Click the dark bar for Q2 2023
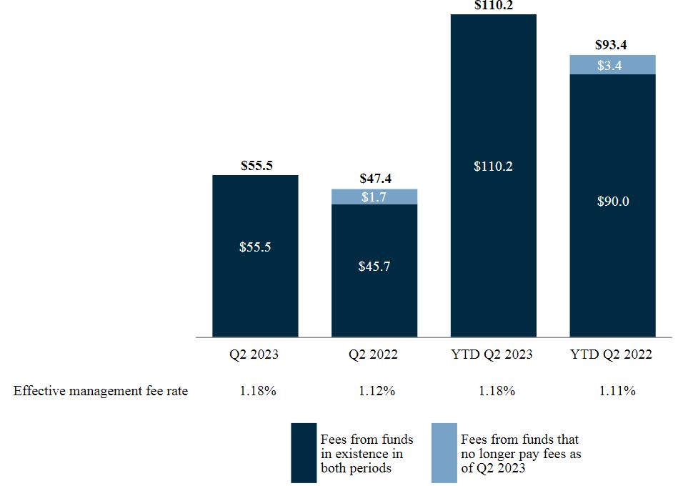[255, 286]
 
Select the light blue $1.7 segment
[374, 197]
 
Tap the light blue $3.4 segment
[612, 65]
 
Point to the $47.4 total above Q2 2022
[374, 179]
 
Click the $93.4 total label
[612, 45]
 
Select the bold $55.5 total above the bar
[255, 165]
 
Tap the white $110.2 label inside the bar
[493, 167]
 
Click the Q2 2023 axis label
[255, 354]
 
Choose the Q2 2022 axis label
[374, 354]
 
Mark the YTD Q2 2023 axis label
[493, 354]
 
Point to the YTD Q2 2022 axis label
[612, 354]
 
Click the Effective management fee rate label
[101, 391]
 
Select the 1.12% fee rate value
[374, 391]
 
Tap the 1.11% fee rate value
[612, 391]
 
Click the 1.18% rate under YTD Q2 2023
[493, 391]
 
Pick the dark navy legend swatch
[303, 453]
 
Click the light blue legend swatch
[444, 453]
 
